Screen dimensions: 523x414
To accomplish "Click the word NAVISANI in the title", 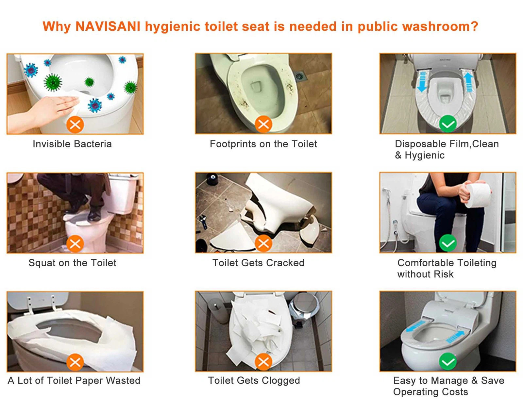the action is coord(108,26).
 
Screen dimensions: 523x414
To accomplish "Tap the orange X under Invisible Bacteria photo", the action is coord(75,124).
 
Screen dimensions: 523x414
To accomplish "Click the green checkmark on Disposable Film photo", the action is coord(448,124).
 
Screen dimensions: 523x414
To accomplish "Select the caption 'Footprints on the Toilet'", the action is coord(263,144).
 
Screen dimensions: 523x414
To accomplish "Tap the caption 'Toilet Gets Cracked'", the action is coord(258,263).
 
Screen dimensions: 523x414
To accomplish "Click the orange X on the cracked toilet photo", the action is coord(263,243).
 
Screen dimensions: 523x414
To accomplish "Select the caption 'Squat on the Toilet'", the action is coord(73,263).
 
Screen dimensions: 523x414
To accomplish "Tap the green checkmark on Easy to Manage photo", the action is coord(448,362).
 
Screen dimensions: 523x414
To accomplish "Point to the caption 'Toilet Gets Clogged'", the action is coord(254,380).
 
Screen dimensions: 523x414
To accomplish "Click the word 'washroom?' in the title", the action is coord(440,26).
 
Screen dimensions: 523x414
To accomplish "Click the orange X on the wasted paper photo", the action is coord(75,362).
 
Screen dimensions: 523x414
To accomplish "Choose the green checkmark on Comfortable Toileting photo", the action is coord(448,243).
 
